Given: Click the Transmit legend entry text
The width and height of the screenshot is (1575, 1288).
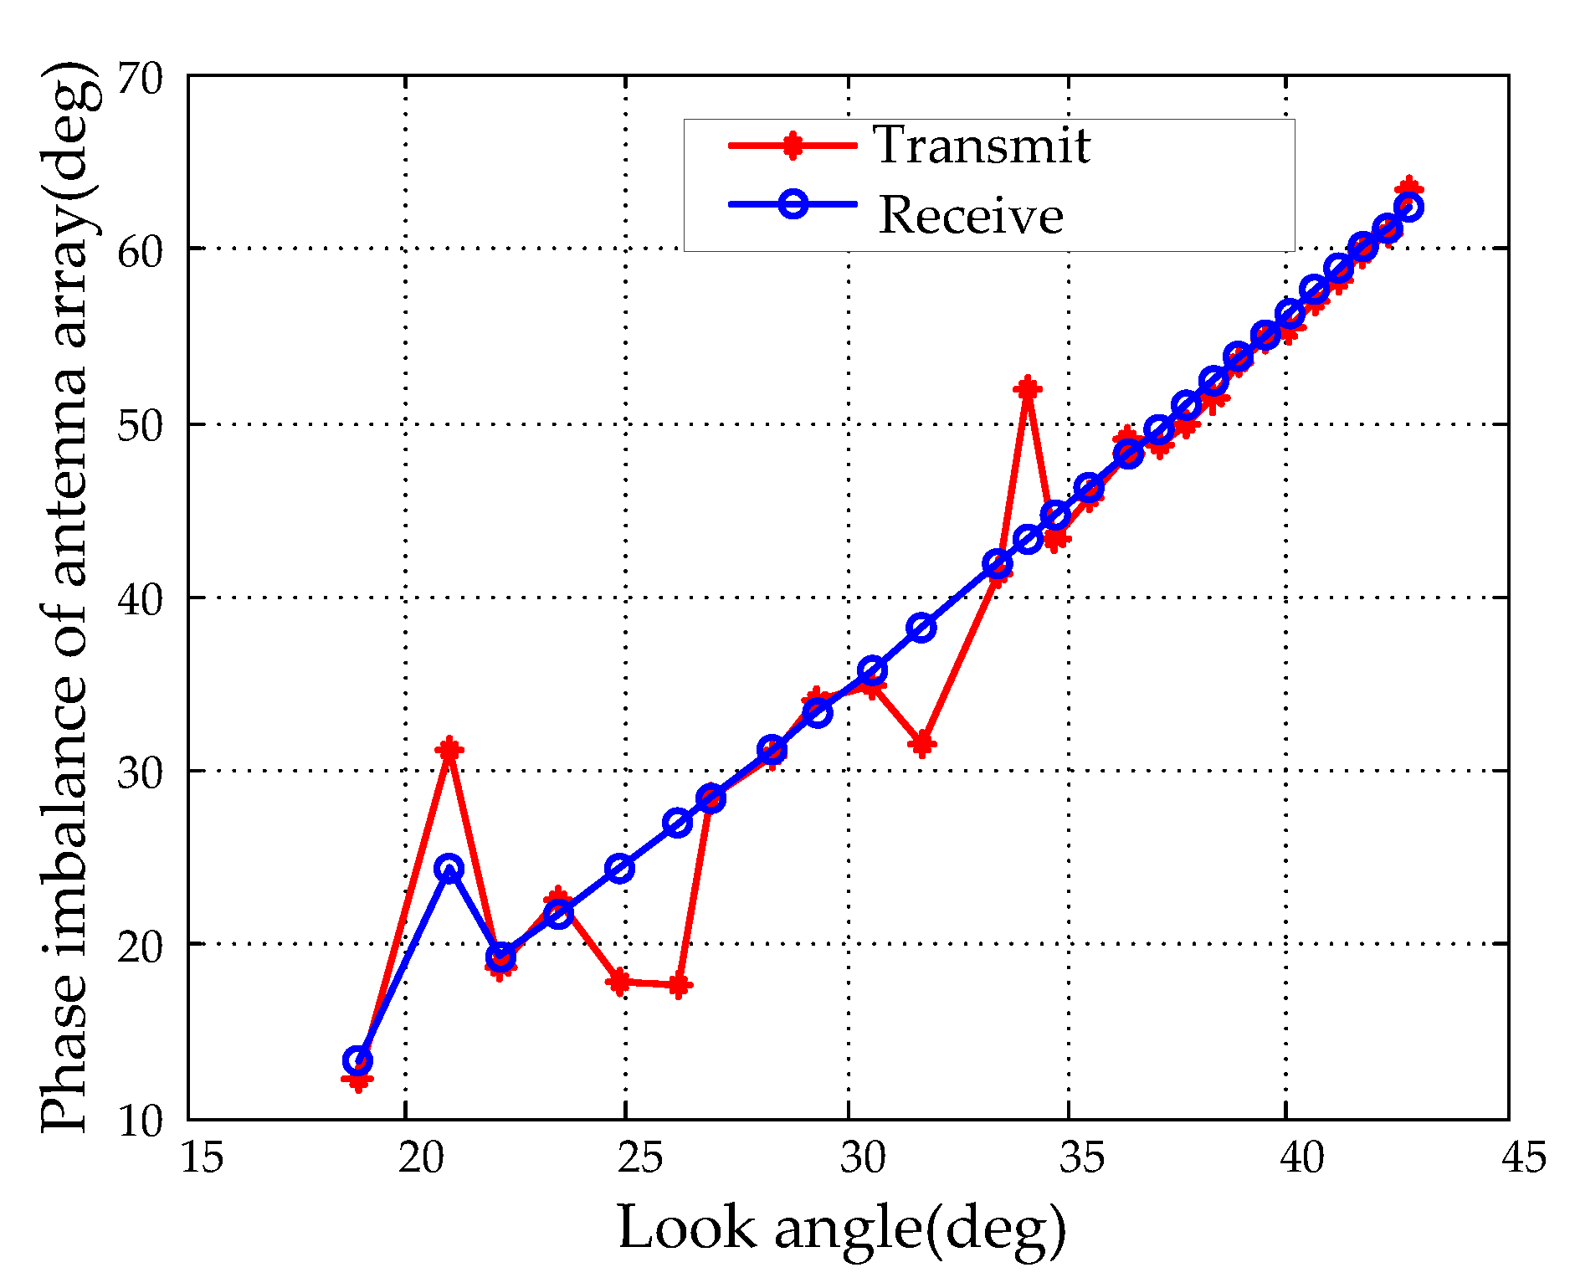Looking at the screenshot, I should [982, 145].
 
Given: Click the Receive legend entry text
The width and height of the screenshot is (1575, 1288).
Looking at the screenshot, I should [971, 215].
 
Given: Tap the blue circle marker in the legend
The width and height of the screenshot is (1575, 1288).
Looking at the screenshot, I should [793, 203].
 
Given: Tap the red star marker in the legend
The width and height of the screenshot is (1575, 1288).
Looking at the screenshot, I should [792, 145].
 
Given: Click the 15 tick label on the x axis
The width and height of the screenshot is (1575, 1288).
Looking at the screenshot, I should [202, 1158].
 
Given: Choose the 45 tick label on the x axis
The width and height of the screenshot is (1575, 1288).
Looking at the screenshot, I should [1523, 1158].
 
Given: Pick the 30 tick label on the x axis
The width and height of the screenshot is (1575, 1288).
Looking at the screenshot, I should [863, 1158].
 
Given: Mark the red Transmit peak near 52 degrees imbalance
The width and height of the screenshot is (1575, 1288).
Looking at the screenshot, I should [1027, 389].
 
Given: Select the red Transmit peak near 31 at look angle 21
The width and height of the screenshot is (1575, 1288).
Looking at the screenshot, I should [449, 749].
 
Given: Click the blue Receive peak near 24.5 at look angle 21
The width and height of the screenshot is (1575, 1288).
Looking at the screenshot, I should [449, 868].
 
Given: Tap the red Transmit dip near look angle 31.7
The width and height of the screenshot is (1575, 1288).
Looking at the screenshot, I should [922, 743].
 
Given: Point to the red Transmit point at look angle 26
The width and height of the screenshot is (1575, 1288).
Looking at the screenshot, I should [679, 986].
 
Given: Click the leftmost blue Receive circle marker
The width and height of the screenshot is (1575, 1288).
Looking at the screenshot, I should [358, 1060].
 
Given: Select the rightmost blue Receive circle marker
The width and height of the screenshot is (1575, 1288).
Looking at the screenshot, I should [1408, 207].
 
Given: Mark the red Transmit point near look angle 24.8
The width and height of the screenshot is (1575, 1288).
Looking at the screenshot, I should [620, 982].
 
